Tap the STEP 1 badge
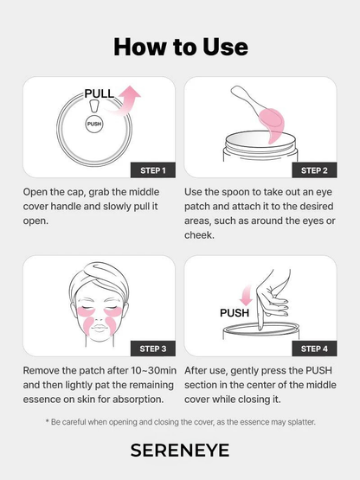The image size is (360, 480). (151, 169)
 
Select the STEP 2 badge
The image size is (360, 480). (312, 169)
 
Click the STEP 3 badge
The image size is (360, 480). (151, 349)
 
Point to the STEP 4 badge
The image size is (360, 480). (312, 349)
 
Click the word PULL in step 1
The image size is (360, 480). (99, 93)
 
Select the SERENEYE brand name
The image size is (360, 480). (180, 450)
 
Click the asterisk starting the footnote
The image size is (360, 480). (48, 421)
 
